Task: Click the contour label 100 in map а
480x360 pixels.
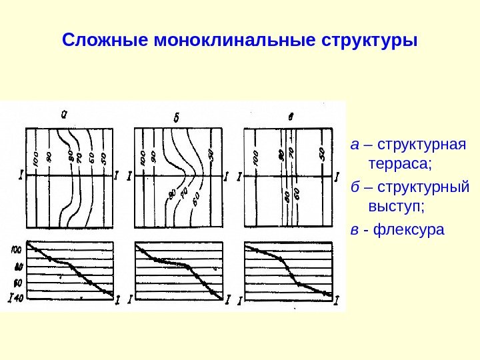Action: pos(35,159)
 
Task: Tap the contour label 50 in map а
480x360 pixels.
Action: pos(104,159)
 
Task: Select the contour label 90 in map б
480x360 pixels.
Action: pos(154,158)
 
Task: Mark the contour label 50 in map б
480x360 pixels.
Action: pos(211,155)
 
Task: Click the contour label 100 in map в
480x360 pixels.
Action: pos(255,158)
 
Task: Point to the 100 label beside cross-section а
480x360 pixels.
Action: pos(17,249)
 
